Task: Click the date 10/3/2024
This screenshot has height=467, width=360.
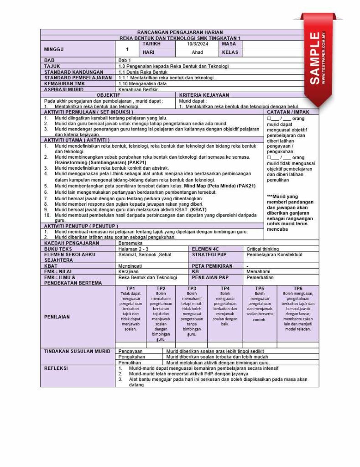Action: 197,44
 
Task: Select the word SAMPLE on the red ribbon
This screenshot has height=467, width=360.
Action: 315,58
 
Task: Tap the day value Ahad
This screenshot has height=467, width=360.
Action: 197,52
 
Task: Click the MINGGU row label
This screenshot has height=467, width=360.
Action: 54,49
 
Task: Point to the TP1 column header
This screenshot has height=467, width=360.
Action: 130,288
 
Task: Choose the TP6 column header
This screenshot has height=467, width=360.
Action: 297,288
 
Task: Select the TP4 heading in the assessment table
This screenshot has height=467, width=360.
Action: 225,288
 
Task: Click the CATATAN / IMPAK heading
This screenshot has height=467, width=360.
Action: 292,112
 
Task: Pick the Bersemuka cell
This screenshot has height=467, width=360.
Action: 130,244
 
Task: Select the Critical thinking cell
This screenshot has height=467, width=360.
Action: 263,249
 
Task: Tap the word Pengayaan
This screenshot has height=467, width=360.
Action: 130,352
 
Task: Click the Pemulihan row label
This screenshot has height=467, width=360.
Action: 130,362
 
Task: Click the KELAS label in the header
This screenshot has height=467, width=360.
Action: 230,52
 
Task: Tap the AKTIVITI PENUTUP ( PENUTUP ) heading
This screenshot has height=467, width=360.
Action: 81,226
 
